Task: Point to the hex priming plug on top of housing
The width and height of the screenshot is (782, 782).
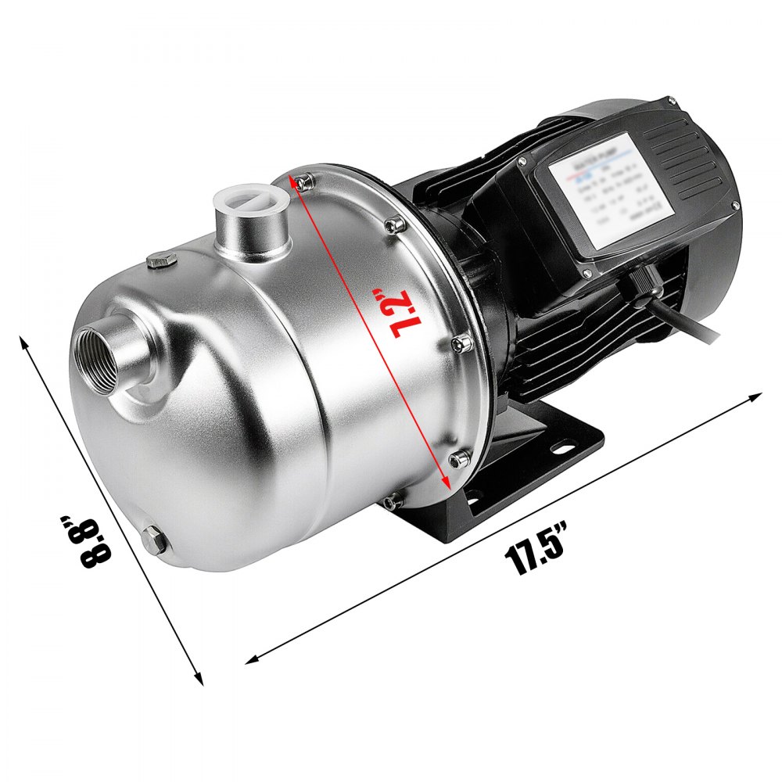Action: pyautogui.click(x=162, y=260)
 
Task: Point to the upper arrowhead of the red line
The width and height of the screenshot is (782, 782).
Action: pyautogui.click(x=295, y=181)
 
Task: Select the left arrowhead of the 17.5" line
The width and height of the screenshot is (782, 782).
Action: pyautogui.click(x=253, y=658)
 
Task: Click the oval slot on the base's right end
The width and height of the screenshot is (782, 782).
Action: pyautogui.click(x=559, y=450)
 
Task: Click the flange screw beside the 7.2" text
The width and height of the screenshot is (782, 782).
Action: pyautogui.click(x=460, y=342)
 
